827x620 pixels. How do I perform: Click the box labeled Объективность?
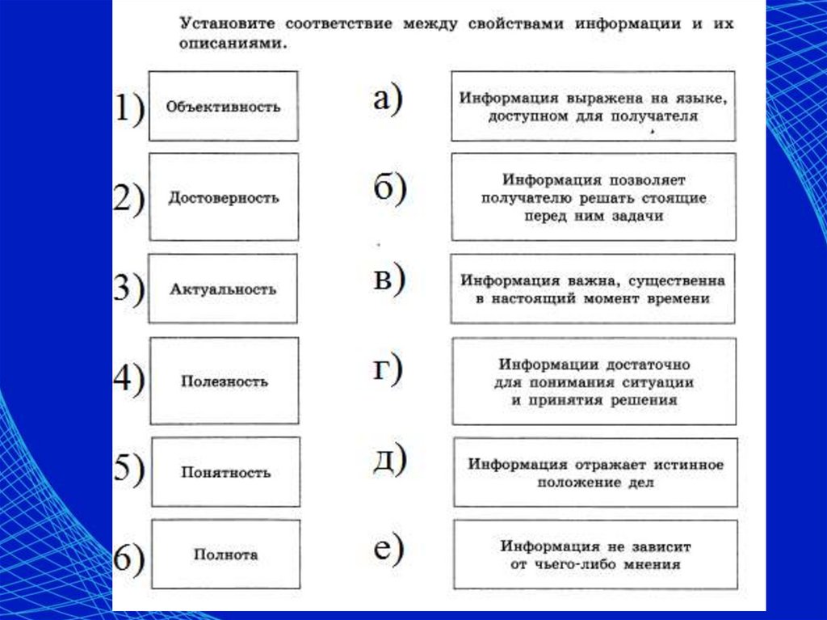[223, 106]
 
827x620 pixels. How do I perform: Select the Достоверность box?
[223, 197]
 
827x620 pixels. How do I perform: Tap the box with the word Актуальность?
[223, 289]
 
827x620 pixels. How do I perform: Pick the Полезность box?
[224, 381]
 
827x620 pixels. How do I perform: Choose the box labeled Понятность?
[225, 472]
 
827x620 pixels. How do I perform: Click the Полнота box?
[225, 555]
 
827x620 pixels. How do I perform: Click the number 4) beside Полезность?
[128, 379]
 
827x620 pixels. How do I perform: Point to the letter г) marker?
[387, 369]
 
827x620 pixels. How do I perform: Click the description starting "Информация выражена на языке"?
[594, 106]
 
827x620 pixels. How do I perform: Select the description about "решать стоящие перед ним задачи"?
[594, 197]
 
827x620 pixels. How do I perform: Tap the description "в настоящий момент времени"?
[593, 289]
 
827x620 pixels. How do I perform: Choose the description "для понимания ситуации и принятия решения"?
[594, 381]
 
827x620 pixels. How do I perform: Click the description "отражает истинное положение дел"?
[595, 473]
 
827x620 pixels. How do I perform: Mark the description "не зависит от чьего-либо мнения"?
[595, 555]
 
